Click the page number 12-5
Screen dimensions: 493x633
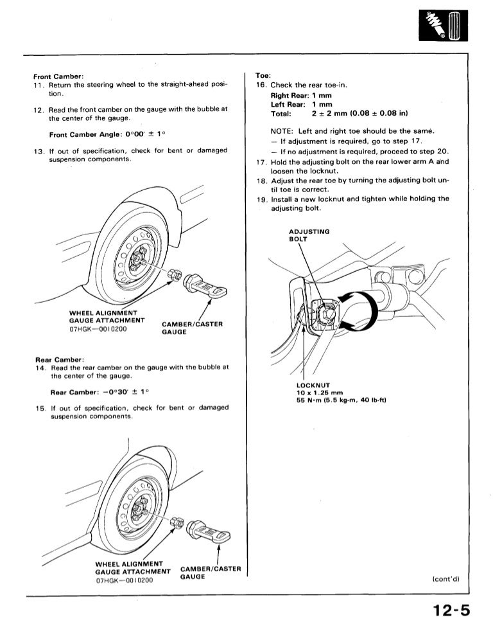(x=451, y=611)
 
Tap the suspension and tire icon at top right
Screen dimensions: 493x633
(x=443, y=26)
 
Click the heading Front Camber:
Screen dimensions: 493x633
(x=58, y=76)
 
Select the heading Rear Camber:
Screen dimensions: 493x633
(x=60, y=360)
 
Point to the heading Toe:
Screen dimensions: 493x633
(x=263, y=75)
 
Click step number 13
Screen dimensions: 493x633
(x=39, y=152)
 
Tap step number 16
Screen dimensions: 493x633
(x=261, y=85)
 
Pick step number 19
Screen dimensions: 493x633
(x=262, y=199)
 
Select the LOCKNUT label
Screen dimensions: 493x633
(x=313, y=385)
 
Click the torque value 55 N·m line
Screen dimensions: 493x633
(x=341, y=400)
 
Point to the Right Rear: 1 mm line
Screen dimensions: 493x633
(x=301, y=96)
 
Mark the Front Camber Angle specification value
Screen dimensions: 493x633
(x=145, y=134)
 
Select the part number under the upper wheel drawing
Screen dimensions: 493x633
(x=98, y=329)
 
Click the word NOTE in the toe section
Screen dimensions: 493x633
(x=281, y=131)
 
